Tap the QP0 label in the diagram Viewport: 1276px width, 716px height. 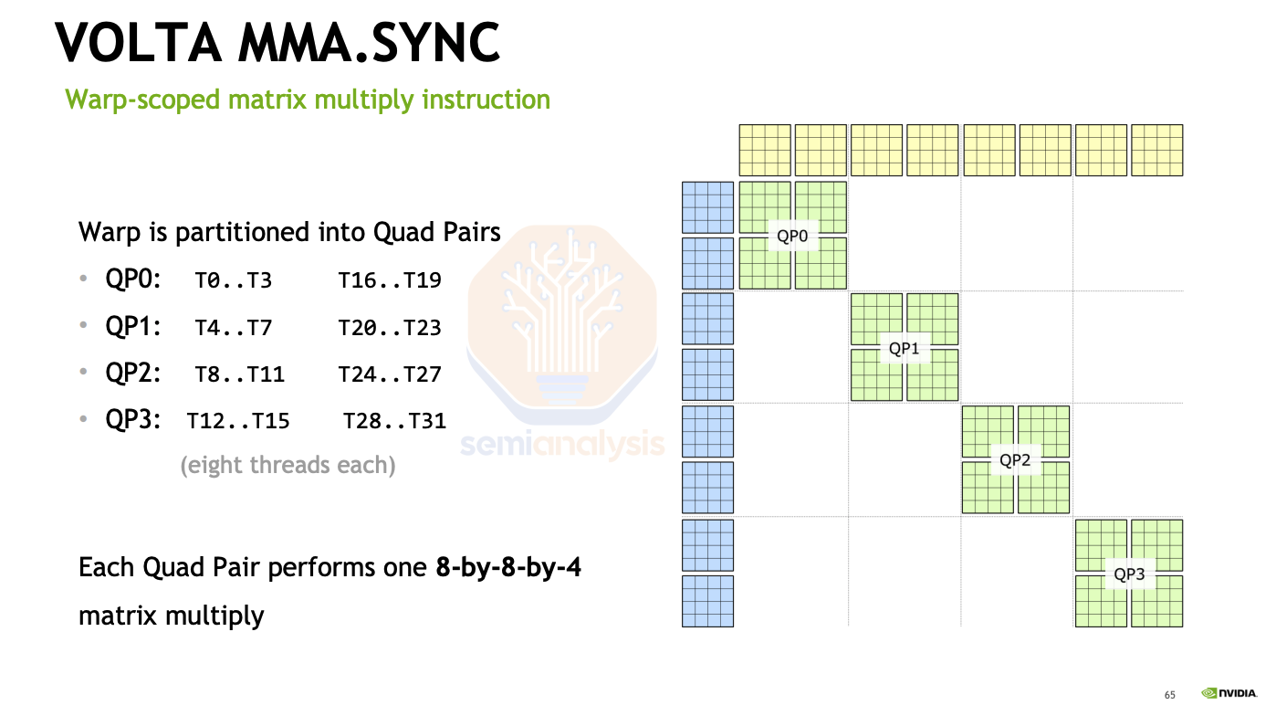[792, 236]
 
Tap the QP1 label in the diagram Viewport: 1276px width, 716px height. [905, 348]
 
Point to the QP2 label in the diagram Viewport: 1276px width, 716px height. [1015, 459]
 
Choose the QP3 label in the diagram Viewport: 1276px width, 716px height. [1129, 574]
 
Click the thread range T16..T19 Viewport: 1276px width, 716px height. [390, 279]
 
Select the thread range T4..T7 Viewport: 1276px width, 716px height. [234, 326]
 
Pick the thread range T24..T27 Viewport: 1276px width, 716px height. [390, 374]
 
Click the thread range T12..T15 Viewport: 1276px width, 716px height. [238, 421]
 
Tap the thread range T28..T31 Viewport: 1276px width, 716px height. [394, 421]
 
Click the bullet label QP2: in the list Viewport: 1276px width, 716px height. [133, 373]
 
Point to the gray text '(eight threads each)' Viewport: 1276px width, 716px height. [288, 465]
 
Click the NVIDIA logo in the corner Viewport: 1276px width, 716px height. [1229, 694]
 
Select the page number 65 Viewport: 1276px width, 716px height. [1170, 696]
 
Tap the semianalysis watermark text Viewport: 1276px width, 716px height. [562, 445]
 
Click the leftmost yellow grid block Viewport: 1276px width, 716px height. [764, 150]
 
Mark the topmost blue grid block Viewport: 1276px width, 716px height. [707, 207]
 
